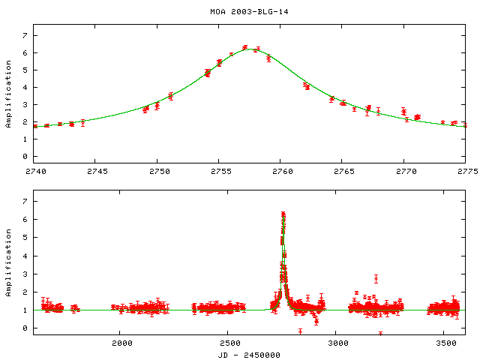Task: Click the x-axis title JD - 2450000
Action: coord(249,355)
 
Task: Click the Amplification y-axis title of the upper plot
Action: coord(8,100)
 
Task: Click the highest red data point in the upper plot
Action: coord(245,47)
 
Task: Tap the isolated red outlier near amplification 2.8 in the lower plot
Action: coord(376,277)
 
